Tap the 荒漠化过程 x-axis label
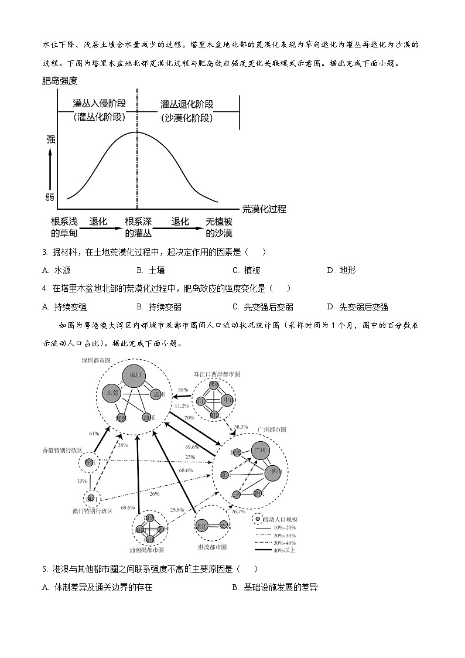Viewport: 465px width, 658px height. pos(264,209)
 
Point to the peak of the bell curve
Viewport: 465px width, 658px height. pos(138,132)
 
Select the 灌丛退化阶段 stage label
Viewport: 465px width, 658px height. pos(187,104)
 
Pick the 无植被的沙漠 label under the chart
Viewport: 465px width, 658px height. pos(219,227)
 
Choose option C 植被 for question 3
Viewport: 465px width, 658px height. pos(246,270)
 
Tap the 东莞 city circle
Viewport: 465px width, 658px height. pos(111,393)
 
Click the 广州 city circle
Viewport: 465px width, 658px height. pos(260,451)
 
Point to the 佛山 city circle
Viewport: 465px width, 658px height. pos(273,472)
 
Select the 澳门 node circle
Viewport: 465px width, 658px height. pos(92,499)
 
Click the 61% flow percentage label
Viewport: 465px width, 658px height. pos(94,434)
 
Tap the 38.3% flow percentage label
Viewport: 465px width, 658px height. pos(241,427)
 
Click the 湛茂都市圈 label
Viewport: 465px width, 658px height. pos(211,547)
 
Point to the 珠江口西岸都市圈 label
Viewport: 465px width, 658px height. pos(217,373)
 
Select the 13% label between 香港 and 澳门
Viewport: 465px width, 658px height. pos(81,480)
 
